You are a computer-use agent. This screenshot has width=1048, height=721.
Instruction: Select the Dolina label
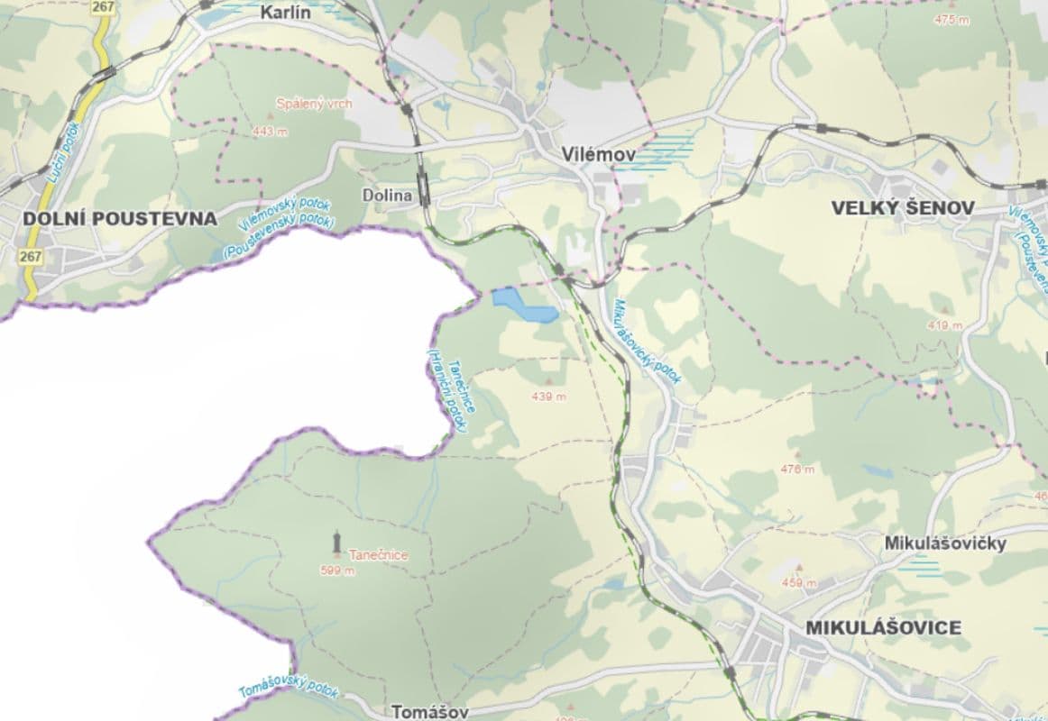point(387,196)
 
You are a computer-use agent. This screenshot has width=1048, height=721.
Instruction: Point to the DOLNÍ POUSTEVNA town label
point(120,219)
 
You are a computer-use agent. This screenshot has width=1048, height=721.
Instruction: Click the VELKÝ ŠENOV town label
point(902,209)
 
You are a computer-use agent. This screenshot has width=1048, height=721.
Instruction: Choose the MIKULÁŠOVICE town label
point(883,627)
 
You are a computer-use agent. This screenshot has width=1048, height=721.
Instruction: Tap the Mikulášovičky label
point(945,544)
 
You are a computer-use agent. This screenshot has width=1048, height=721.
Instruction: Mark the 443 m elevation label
point(270,132)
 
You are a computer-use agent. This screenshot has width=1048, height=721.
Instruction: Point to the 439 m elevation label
point(548,397)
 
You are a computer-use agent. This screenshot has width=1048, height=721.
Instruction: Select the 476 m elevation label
point(797,469)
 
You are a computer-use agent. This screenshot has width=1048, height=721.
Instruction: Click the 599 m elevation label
point(337,570)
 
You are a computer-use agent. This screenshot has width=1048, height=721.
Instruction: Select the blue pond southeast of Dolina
point(524,306)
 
